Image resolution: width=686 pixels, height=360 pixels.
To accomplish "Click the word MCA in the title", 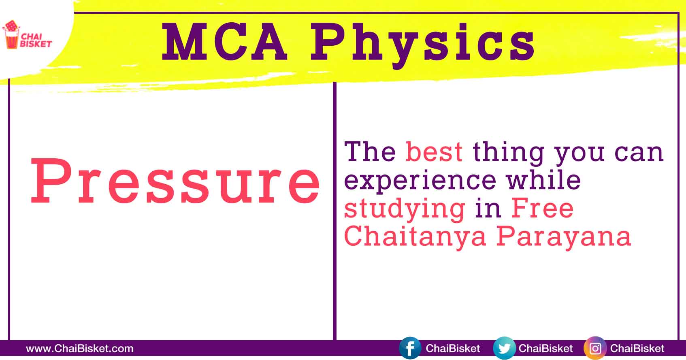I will [x=224, y=42].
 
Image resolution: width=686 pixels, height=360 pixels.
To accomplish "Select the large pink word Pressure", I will [x=175, y=181].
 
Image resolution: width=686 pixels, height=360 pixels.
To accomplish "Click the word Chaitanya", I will [x=415, y=236].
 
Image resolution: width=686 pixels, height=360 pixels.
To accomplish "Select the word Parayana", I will [x=564, y=236].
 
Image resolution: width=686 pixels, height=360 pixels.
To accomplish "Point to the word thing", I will [x=509, y=152].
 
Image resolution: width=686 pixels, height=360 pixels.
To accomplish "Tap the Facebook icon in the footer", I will [x=410, y=348].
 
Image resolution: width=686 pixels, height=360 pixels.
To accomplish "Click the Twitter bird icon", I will [x=504, y=348].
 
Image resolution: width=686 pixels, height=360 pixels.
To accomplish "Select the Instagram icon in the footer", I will [x=595, y=348].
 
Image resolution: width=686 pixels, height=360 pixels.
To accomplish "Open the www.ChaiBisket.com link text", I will [x=79, y=349].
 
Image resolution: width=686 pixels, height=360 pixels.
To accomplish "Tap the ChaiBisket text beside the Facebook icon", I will [x=453, y=349].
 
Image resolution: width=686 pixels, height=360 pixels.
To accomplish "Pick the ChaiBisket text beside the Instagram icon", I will [x=637, y=349].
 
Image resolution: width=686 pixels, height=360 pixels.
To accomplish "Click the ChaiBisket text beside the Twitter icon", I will [x=545, y=349].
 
